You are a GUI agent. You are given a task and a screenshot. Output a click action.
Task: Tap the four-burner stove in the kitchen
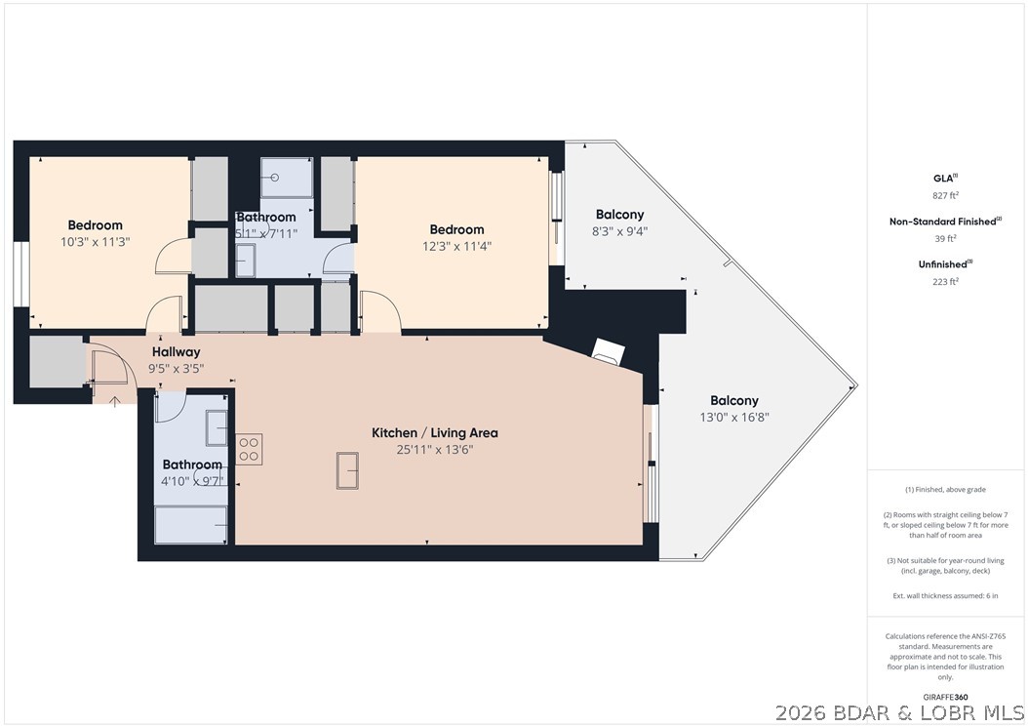coord(250,448)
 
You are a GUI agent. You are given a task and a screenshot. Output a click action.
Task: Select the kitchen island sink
coord(348,470)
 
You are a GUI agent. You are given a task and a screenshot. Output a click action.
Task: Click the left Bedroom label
coord(95,225)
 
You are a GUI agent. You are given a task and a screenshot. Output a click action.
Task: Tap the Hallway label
coord(177,351)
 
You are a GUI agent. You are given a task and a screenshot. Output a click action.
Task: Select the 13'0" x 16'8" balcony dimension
coord(734,417)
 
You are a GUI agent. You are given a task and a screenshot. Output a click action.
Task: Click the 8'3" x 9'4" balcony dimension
coord(620,231)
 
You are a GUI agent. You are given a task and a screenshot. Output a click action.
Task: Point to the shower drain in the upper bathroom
coord(275,179)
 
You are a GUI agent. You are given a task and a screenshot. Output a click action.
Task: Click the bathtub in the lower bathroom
coord(192,527)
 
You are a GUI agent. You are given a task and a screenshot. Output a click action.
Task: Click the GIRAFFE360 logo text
coord(946,697)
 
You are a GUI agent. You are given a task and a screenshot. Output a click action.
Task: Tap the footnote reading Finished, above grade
coord(946,490)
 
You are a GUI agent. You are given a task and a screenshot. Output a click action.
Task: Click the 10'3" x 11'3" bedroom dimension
coord(95,242)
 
